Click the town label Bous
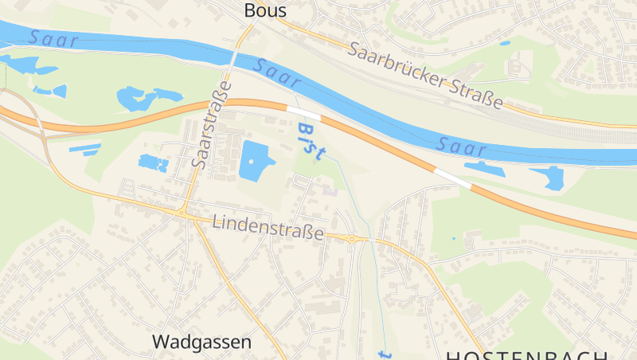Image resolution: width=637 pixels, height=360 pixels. (x=265, y=10)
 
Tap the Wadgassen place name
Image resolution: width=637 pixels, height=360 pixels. (x=201, y=342)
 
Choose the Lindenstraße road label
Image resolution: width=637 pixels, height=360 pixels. (x=268, y=226)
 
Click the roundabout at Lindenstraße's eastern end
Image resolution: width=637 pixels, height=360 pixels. (x=352, y=238)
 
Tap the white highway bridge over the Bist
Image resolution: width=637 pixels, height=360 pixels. (x=303, y=113)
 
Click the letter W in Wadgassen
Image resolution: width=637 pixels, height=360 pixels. (x=159, y=342)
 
